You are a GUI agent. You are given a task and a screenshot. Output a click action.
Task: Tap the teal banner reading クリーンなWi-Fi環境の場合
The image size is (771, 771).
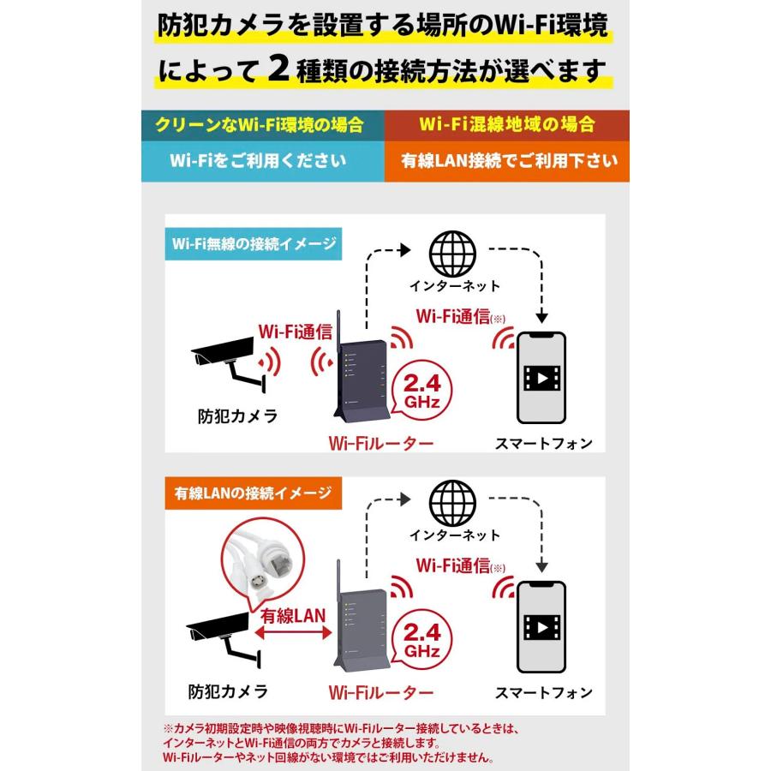click(x=258, y=124)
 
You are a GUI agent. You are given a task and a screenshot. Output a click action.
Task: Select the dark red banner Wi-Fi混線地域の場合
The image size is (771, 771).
click(x=506, y=124)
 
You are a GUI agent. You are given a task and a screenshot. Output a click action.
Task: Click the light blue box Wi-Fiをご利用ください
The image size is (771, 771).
click(x=258, y=160)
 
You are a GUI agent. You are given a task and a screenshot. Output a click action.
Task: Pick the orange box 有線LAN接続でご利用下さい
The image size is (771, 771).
click(x=506, y=160)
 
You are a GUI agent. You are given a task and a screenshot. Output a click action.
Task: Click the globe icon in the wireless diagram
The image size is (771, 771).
click(x=453, y=251)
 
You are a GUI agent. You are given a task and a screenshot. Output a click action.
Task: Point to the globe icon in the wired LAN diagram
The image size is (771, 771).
click(x=453, y=502)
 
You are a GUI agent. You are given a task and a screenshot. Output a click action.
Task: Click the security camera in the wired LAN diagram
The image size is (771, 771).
click(x=224, y=635)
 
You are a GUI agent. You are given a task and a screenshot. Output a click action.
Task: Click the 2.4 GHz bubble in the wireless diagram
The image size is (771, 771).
click(x=417, y=390)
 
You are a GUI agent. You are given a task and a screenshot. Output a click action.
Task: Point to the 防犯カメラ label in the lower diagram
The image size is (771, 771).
click(x=227, y=690)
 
